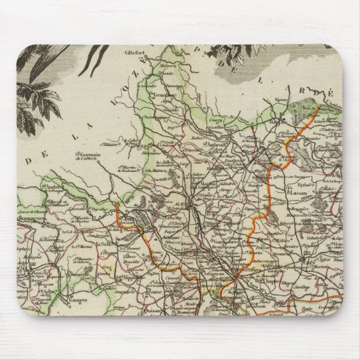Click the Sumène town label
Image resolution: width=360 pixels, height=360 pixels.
(63, 270)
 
